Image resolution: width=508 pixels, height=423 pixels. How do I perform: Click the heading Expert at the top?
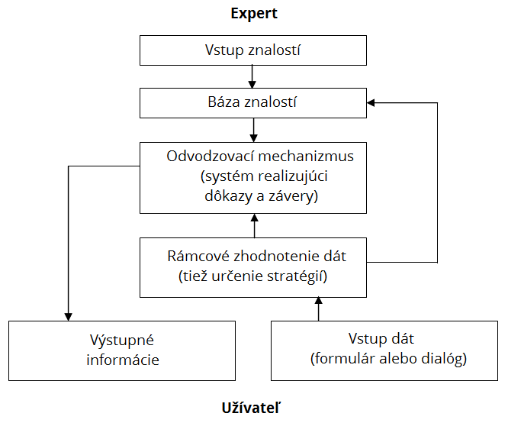(254, 14)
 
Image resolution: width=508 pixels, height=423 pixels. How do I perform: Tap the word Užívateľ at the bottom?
(251, 408)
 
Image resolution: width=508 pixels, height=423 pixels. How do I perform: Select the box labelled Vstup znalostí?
(253, 50)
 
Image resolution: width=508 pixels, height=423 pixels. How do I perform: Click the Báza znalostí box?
(253, 103)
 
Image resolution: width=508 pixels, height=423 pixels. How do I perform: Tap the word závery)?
(293, 196)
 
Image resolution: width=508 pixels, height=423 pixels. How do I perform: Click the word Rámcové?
(198, 256)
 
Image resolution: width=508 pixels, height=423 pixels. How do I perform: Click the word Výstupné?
(122, 341)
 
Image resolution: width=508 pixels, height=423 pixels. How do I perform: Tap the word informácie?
(123, 360)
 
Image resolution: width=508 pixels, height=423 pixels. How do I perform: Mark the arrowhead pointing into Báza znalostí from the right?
(371, 103)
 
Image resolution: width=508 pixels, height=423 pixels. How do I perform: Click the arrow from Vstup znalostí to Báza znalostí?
(252, 77)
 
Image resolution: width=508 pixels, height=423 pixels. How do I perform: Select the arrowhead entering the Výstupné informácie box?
(68, 317)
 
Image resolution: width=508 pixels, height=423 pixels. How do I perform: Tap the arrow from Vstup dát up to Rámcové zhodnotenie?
(319, 309)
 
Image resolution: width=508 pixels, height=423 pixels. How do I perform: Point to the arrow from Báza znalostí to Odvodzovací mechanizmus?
(254, 130)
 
